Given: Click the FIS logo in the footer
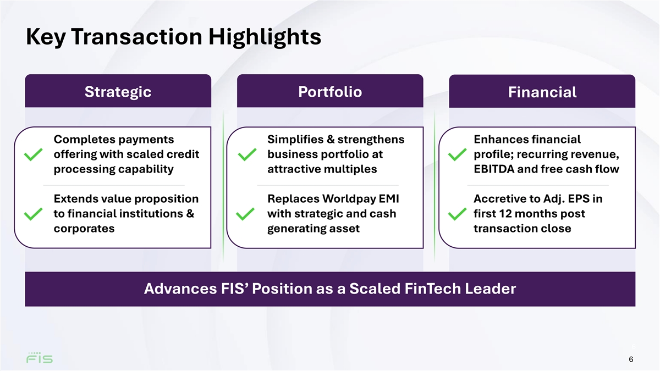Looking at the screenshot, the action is click(40, 357).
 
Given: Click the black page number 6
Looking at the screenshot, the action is click(631, 359).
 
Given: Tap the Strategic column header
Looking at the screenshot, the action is click(118, 91).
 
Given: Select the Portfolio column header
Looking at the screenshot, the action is click(330, 91).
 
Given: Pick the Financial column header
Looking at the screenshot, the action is click(542, 91).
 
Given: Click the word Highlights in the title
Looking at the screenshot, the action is click(265, 37).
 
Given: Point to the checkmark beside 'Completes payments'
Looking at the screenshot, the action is click(34, 154).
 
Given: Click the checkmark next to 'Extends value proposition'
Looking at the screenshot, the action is click(34, 214).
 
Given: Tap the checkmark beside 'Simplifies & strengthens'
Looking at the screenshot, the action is click(247, 154).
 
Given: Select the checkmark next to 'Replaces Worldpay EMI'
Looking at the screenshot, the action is click(245, 214).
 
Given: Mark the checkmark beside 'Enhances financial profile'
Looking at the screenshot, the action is click(457, 154).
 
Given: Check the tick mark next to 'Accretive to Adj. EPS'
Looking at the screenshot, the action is click(457, 214).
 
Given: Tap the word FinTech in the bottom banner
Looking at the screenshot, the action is click(432, 289).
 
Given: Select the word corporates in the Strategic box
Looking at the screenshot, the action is click(84, 229).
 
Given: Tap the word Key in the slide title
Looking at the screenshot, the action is click(45, 37).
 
